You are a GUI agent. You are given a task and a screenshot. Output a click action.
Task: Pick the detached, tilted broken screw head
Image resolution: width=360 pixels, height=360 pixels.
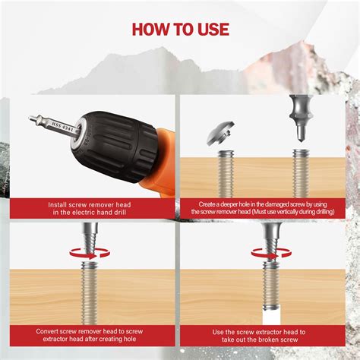226,134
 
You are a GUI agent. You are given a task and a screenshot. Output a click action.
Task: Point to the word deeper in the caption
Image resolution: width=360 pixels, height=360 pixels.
235,204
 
